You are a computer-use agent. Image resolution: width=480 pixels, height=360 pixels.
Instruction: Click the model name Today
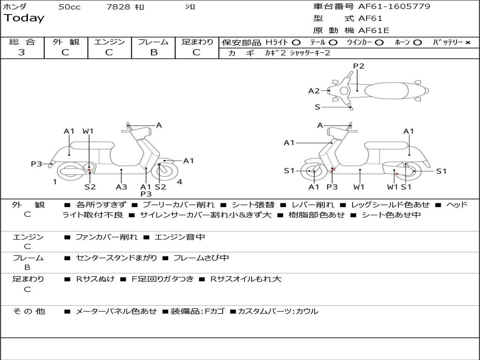(x=24, y=18)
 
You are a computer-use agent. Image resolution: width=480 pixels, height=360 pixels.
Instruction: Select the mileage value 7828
(x=118, y=7)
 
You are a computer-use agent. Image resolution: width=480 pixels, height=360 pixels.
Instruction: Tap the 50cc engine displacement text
(x=69, y=7)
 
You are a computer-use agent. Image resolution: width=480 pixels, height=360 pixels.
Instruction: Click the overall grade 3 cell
(x=22, y=52)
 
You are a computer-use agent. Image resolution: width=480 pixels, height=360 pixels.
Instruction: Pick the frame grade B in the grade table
(x=153, y=52)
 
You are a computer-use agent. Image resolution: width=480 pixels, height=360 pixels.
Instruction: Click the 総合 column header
(x=22, y=42)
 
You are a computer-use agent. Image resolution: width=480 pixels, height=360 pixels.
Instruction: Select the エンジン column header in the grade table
(x=109, y=42)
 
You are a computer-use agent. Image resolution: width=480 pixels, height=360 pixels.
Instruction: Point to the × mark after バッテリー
(x=467, y=43)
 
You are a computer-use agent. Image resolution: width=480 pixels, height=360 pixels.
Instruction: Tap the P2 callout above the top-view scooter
(x=359, y=66)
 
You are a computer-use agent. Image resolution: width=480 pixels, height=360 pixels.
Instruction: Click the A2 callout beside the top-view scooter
(x=314, y=91)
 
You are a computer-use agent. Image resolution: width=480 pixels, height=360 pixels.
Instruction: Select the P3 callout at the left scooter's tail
(x=37, y=164)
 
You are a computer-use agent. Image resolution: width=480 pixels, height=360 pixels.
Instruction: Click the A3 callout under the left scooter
(x=121, y=187)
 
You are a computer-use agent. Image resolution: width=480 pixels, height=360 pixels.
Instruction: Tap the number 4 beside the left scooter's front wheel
(x=180, y=182)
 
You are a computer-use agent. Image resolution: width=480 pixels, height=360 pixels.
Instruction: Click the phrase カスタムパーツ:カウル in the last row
(x=277, y=311)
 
